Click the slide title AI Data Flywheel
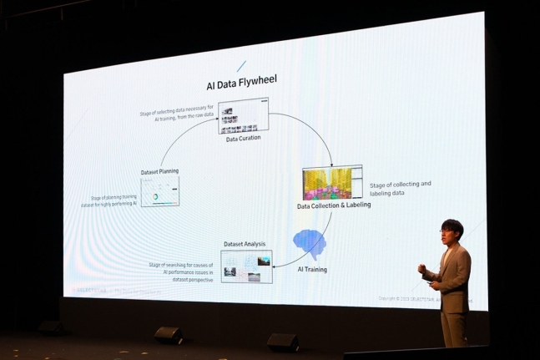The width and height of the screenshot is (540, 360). (241, 84)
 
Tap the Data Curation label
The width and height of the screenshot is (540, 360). (243, 139)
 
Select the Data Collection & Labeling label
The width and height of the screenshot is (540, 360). (334, 205)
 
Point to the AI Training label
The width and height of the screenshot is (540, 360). (312, 269)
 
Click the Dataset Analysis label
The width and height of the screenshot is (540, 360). (244, 244)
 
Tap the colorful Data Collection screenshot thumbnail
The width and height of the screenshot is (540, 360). (331, 183)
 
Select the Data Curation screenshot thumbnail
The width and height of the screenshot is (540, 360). (243, 117)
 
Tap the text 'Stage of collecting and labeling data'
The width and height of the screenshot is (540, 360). (401, 188)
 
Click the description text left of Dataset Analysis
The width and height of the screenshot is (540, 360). (183, 272)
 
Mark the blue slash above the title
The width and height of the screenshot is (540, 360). (241, 65)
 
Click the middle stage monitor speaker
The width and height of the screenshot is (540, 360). (282, 342)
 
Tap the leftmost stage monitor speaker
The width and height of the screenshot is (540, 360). (52, 327)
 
